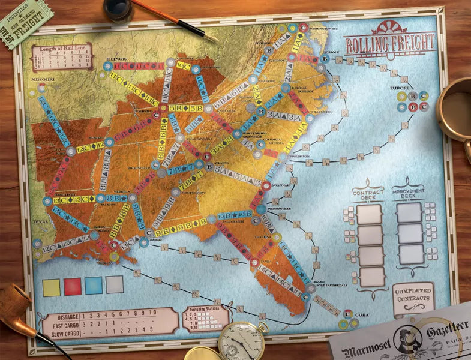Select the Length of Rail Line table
62,56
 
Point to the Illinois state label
116,59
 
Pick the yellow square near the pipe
52,286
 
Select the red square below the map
73,286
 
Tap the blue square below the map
94,286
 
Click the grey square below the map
115,285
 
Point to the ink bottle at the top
118,9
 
